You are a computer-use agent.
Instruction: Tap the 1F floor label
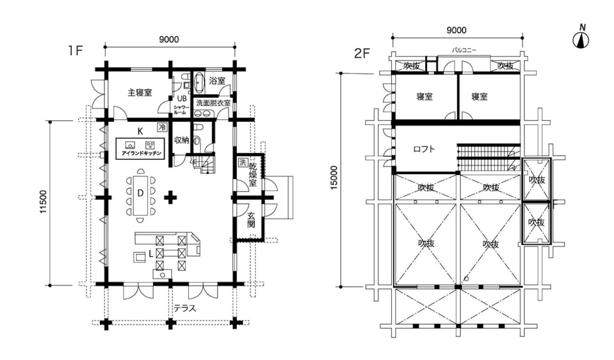75,51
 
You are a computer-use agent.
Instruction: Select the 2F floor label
362,54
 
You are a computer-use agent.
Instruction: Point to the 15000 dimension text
334,178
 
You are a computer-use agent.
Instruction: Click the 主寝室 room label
140,93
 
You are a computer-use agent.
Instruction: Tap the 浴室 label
217,81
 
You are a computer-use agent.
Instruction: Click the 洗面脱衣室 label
213,103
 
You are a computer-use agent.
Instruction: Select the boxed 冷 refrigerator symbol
162,127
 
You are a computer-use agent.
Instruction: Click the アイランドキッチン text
141,153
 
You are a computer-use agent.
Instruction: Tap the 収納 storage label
182,140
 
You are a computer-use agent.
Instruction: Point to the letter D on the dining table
140,193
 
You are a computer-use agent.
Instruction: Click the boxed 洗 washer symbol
243,162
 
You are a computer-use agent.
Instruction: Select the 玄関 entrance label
251,220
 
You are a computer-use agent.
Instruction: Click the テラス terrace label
185,308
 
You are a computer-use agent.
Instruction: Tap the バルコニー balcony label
464,50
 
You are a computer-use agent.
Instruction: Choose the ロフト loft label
424,149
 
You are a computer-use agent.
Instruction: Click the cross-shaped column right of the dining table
170,197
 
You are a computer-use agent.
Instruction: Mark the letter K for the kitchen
140,132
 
